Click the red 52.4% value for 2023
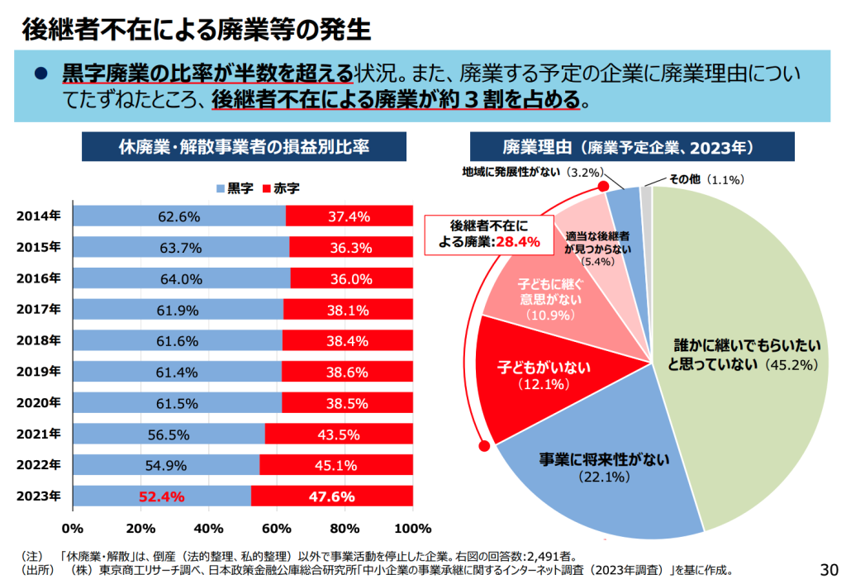pyautogui.click(x=162, y=496)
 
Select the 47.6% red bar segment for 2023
pyautogui.click(x=332, y=496)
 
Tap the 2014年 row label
pyautogui.click(x=38, y=216)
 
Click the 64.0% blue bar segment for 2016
pyautogui.click(x=181, y=278)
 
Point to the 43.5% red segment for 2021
pyautogui.click(x=339, y=434)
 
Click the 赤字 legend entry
pyautogui.click(x=280, y=188)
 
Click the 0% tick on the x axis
pyautogui.click(x=73, y=528)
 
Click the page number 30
pyautogui.click(x=828, y=569)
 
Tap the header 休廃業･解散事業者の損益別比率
pyautogui.click(x=243, y=147)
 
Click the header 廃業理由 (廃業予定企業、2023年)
pyautogui.click(x=631, y=147)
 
